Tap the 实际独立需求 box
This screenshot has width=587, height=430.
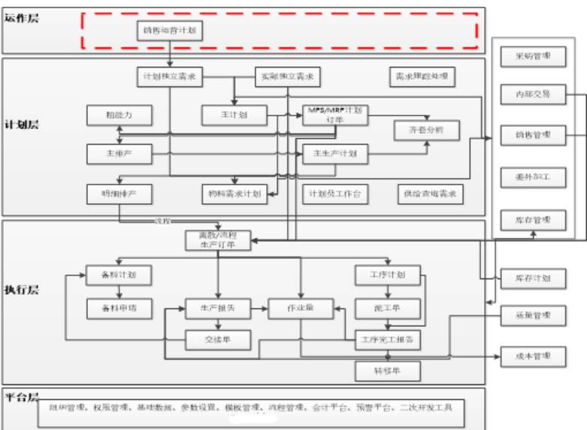286,77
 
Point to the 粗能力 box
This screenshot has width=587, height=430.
120,114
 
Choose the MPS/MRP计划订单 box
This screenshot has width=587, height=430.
335,114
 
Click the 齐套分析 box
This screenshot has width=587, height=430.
427,129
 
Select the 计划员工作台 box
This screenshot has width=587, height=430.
334,194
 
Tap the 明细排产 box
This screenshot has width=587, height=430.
120,194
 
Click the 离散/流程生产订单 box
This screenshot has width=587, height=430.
218,239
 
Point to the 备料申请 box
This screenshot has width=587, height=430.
120,308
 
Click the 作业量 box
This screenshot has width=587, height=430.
300,308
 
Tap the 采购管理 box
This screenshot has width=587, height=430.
533,56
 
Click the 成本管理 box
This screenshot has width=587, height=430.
533,355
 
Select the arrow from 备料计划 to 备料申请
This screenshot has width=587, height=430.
120,291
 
